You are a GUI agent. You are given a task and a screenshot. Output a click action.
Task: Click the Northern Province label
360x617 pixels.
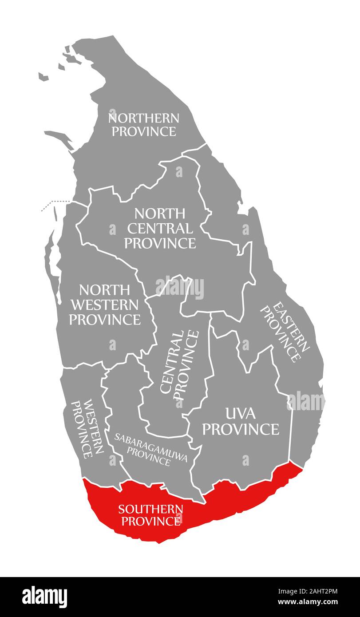(x=144, y=125)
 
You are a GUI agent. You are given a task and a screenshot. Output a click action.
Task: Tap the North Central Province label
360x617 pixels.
(x=160, y=228)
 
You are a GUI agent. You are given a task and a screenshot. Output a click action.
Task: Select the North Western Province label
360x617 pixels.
(x=105, y=305)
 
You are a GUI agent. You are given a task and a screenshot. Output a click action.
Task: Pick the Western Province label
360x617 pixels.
(x=88, y=428)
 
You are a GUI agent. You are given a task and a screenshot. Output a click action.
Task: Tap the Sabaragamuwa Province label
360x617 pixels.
(x=150, y=449)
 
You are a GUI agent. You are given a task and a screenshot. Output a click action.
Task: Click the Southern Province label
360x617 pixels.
(x=150, y=514)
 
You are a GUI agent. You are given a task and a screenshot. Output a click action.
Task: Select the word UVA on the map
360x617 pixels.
(x=241, y=414)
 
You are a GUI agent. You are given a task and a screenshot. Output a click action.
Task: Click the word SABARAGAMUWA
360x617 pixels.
(x=150, y=443)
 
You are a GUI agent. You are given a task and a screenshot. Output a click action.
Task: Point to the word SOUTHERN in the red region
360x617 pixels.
(x=150, y=509)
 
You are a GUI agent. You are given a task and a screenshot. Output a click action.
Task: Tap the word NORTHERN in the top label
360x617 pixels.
(x=144, y=118)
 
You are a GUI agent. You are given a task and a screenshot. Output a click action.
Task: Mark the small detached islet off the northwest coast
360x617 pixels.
(x=43, y=77)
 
